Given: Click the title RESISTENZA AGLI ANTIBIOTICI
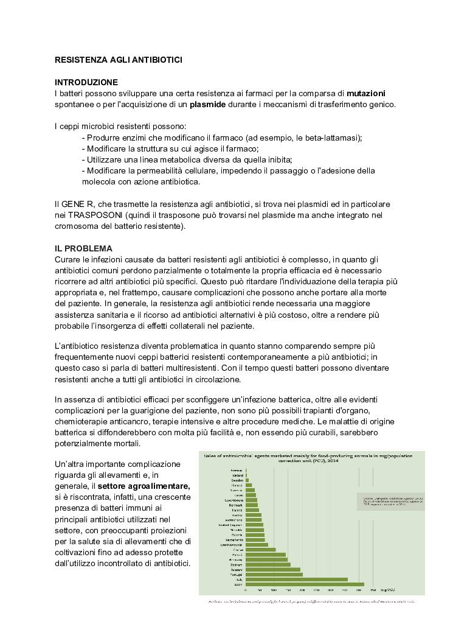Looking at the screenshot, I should (118, 60).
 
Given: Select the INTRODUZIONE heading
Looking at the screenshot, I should (86, 82).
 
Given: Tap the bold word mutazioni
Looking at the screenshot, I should (365, 93).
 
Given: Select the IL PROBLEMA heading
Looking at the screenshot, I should (83, 249).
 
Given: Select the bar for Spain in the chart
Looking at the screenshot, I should (305, 584).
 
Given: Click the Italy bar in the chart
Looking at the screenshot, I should (296, 579).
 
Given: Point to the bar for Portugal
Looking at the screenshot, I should (274, 574).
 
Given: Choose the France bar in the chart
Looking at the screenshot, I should (260, 549).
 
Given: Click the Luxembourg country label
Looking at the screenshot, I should (234, 500).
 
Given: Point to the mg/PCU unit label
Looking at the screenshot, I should (387, 590).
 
